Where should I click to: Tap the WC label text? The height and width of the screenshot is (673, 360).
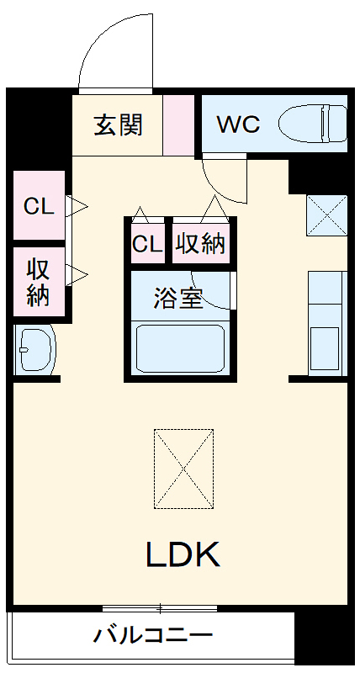(238, 125)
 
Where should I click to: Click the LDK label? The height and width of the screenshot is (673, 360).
(183, 554)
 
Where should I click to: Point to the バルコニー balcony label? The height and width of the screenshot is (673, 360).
(153, 635)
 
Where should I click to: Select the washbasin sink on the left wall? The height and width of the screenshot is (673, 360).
(34, 349)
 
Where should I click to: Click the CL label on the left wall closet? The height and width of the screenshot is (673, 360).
(39, 206)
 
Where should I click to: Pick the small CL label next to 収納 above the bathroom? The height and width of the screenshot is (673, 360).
(147, 244)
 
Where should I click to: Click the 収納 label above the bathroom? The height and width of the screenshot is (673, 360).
(200, 244)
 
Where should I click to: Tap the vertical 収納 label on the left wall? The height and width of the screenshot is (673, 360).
(38, 283)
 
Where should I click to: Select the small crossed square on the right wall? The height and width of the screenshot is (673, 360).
(326, 215)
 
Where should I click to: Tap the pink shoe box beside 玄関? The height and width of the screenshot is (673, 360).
(177, 125)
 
